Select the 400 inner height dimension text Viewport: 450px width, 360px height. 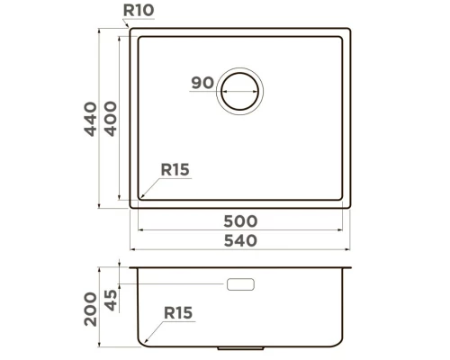(x=111, y=117)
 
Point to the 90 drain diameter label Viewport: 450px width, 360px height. (x=202, y=84)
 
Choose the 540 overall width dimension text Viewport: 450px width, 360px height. (x=240, y=240)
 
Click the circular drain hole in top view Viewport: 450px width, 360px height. (x=241, y=89)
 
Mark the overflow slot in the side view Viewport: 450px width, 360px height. (x=241, y=284)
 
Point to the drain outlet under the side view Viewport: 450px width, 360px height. (x=241, y=346)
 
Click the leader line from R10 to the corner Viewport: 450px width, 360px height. (x=126, y=23)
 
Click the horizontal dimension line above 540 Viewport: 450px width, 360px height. (x=240, y=249)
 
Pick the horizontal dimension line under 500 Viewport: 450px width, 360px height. (x=240, y=229)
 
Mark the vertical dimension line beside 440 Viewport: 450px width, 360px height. (x=99, y=117)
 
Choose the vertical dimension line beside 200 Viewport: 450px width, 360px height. (x=99, y=306)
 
